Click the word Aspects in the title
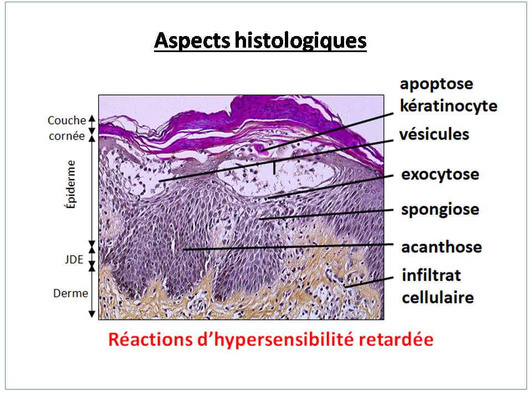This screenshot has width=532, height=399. click(x=192, y=40)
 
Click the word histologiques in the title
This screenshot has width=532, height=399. click(x=300, y=41)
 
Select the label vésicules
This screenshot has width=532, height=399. click(x=434, y=134)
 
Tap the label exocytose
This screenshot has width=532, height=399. click(x=440, y=175)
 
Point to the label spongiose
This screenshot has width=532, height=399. click(x=440, y=209)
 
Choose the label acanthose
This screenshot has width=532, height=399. click(x=442, y=247)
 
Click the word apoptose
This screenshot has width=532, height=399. click(x=436, y=84)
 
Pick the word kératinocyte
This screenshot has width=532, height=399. click(x=448, y=106)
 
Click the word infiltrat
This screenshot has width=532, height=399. click(x=431, y=275)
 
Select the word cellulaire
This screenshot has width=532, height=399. click(x=438, y=298)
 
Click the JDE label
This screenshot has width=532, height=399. click(x=74, y=259)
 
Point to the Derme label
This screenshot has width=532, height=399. click(x=70, y=293)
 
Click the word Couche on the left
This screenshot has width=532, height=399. click(x=67, y=120)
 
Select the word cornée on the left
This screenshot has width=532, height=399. click(x=67, y=136)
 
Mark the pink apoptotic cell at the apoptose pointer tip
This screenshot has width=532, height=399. click(x=262, y=149)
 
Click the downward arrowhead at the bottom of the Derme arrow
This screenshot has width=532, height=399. click(x=91, y=314)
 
